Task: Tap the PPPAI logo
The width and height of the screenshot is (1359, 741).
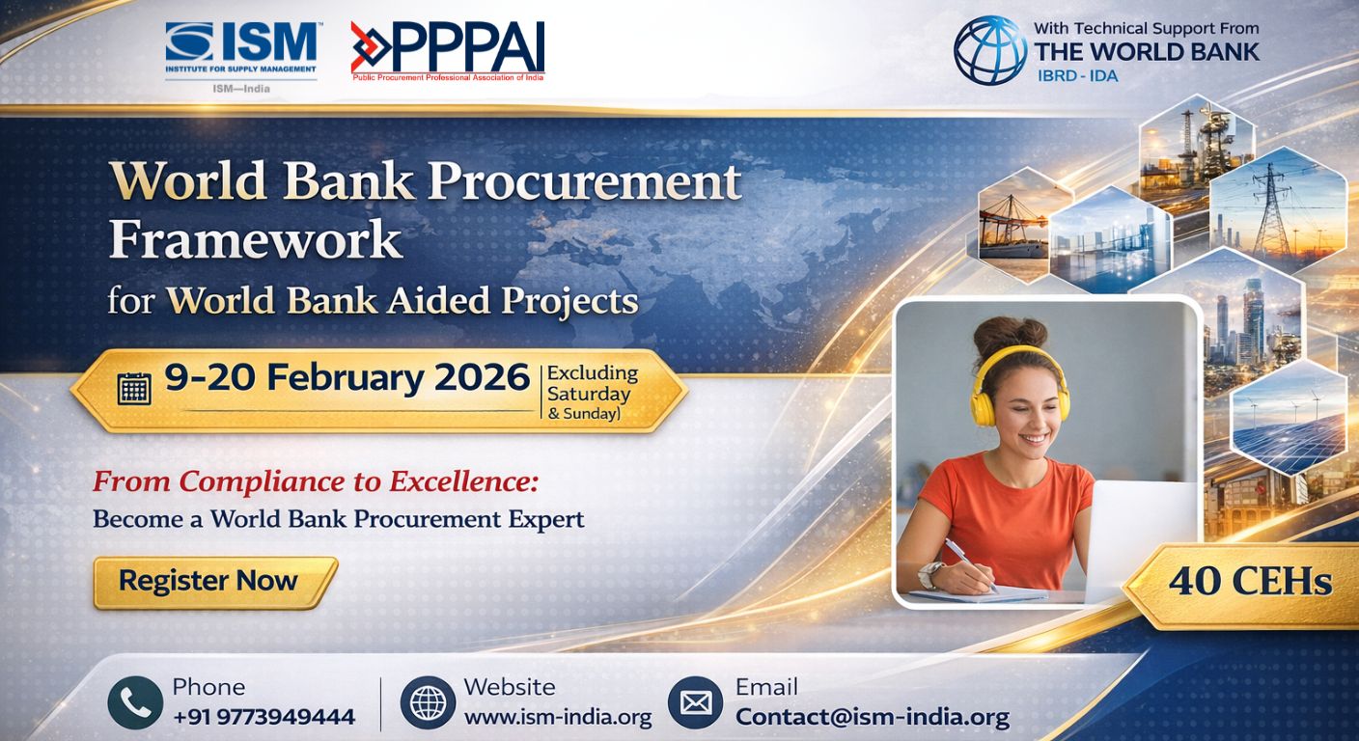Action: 448,50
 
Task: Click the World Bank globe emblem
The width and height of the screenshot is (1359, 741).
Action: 989,50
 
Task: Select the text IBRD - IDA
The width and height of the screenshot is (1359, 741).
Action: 1076,74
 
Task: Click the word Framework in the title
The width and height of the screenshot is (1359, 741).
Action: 255,238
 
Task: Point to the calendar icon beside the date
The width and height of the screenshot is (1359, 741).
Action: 134,388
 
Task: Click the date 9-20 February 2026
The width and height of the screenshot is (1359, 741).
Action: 347,378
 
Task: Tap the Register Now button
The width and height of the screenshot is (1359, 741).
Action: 213,582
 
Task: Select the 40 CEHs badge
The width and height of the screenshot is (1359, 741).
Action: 1249,582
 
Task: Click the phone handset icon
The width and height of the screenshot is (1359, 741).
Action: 135,702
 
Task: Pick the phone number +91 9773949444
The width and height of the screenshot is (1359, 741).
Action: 263,717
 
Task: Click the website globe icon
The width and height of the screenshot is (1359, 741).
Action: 428,702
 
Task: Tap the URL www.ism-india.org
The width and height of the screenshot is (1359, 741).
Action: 558,717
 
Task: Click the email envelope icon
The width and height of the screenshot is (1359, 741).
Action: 695,702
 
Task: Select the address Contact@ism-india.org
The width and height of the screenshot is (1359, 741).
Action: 872,717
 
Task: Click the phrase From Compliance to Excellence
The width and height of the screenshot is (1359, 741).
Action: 316,480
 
